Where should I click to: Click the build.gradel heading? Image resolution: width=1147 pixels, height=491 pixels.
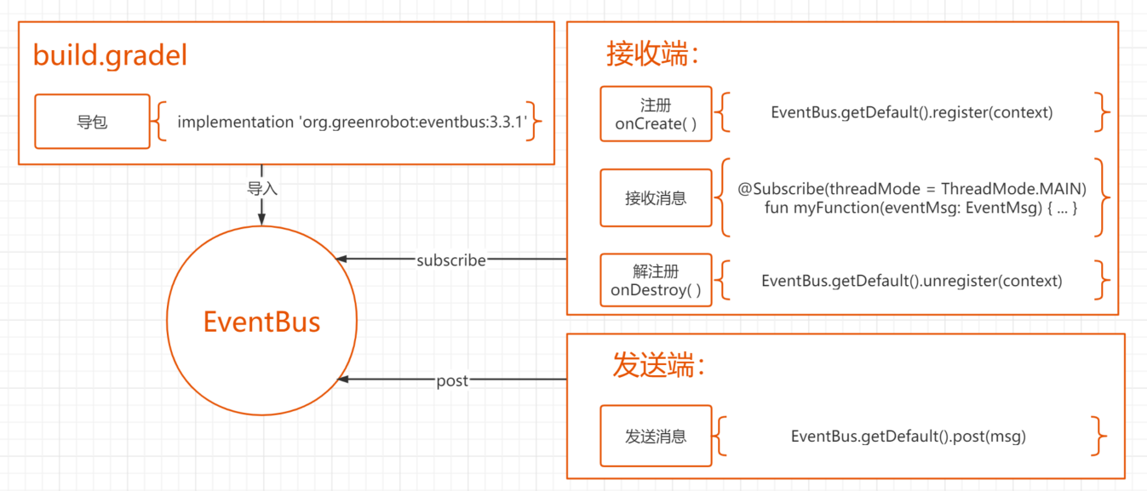(110, 55)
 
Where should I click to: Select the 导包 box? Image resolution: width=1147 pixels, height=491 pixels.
(91, 122)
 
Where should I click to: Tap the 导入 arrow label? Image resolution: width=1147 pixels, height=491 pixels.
(262, 188)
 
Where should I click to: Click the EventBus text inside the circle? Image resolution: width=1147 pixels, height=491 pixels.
(261, 322)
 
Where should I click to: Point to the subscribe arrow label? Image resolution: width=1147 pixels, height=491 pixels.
(450, 260)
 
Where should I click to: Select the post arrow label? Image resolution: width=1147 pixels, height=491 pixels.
(451, 381)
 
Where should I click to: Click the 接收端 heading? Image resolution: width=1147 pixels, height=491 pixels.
(652, 54)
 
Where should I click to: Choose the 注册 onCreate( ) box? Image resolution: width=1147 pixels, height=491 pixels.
(656, 114)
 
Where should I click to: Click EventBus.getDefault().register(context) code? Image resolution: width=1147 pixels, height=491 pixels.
(911, 112)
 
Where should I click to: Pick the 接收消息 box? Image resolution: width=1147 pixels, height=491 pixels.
(656, 198)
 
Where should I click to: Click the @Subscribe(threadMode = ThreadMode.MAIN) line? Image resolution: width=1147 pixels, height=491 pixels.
(912, 189)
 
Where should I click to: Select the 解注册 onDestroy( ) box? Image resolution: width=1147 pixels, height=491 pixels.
(656, 281)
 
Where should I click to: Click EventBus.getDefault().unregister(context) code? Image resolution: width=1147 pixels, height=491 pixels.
(911, 281)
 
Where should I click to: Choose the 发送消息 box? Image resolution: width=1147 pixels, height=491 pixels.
(656, 437)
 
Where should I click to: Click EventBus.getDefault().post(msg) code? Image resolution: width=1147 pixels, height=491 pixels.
(908, 437)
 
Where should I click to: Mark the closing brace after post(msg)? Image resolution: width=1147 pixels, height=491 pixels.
(1099, 437)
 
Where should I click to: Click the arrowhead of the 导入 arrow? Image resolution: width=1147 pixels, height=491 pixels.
(262, 219)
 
